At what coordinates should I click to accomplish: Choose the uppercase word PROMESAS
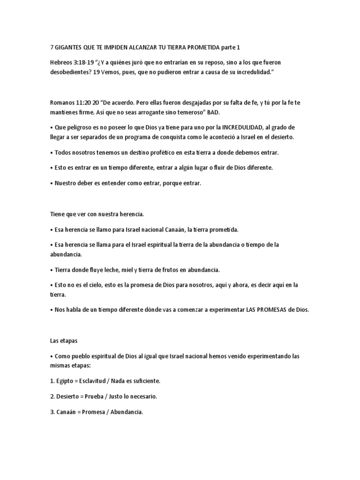[268, 310]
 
